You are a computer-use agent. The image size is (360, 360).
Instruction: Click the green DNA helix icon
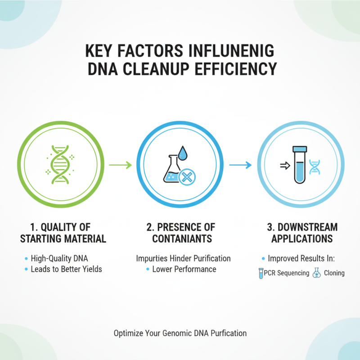[59, 165]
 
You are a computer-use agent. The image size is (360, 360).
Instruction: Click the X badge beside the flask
[186, 178]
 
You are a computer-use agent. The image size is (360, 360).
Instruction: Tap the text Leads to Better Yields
[66, 269]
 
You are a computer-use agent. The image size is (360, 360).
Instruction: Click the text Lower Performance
[184, 269]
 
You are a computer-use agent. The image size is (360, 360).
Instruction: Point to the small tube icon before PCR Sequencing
[261, 273]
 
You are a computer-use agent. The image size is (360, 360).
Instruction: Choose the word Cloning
[333, 273]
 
